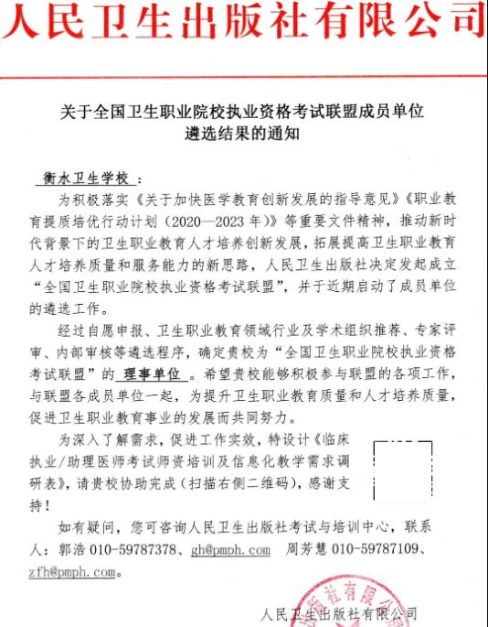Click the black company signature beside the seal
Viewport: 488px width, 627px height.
(338, 612)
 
